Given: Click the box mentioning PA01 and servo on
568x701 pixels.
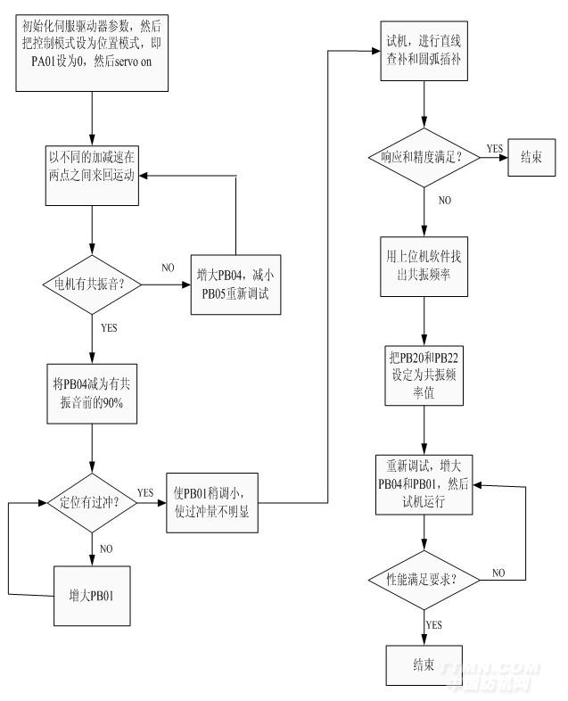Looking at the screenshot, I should (x=92, y=50).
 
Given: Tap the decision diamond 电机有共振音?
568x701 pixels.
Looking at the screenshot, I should (x=93, y=285).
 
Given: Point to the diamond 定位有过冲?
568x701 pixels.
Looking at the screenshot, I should (x=93, y=500).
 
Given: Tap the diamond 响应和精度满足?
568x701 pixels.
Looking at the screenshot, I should (x=424, y=158).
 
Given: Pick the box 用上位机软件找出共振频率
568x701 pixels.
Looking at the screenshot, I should (x=424, y=267).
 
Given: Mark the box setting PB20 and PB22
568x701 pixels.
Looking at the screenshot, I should (x=424, y=375).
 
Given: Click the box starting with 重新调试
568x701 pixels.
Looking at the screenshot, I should (x=424, y=483).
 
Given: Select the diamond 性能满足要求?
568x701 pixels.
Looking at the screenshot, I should (x=424, y=581).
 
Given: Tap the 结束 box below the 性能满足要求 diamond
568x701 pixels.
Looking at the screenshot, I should (x=424, y=664).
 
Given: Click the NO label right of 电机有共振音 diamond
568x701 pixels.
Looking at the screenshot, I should (x=169, y=268).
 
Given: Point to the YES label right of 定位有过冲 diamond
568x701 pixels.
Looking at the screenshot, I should (x=144, y=491).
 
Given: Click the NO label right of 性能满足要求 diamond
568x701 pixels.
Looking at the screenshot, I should (x=499, y=572).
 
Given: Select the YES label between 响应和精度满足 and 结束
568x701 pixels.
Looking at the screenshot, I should (x=493, y=148).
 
